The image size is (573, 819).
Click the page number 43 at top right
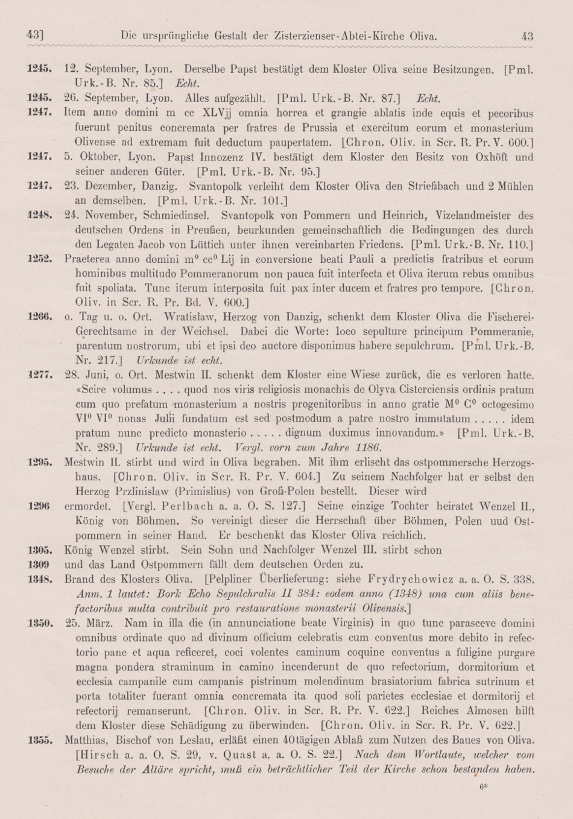527,36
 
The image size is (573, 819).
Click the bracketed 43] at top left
35,36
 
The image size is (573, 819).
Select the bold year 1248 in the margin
39,215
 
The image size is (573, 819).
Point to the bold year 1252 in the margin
39,259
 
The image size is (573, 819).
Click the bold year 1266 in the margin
39,316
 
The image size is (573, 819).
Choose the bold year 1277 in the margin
39,375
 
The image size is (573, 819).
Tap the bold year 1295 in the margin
39,462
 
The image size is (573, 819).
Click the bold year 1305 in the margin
39,549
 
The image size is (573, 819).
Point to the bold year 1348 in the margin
39,579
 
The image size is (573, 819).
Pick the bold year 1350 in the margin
39,622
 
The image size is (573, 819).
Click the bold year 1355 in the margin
39,739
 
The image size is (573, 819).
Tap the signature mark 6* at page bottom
483,786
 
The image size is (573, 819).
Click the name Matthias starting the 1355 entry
86,740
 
